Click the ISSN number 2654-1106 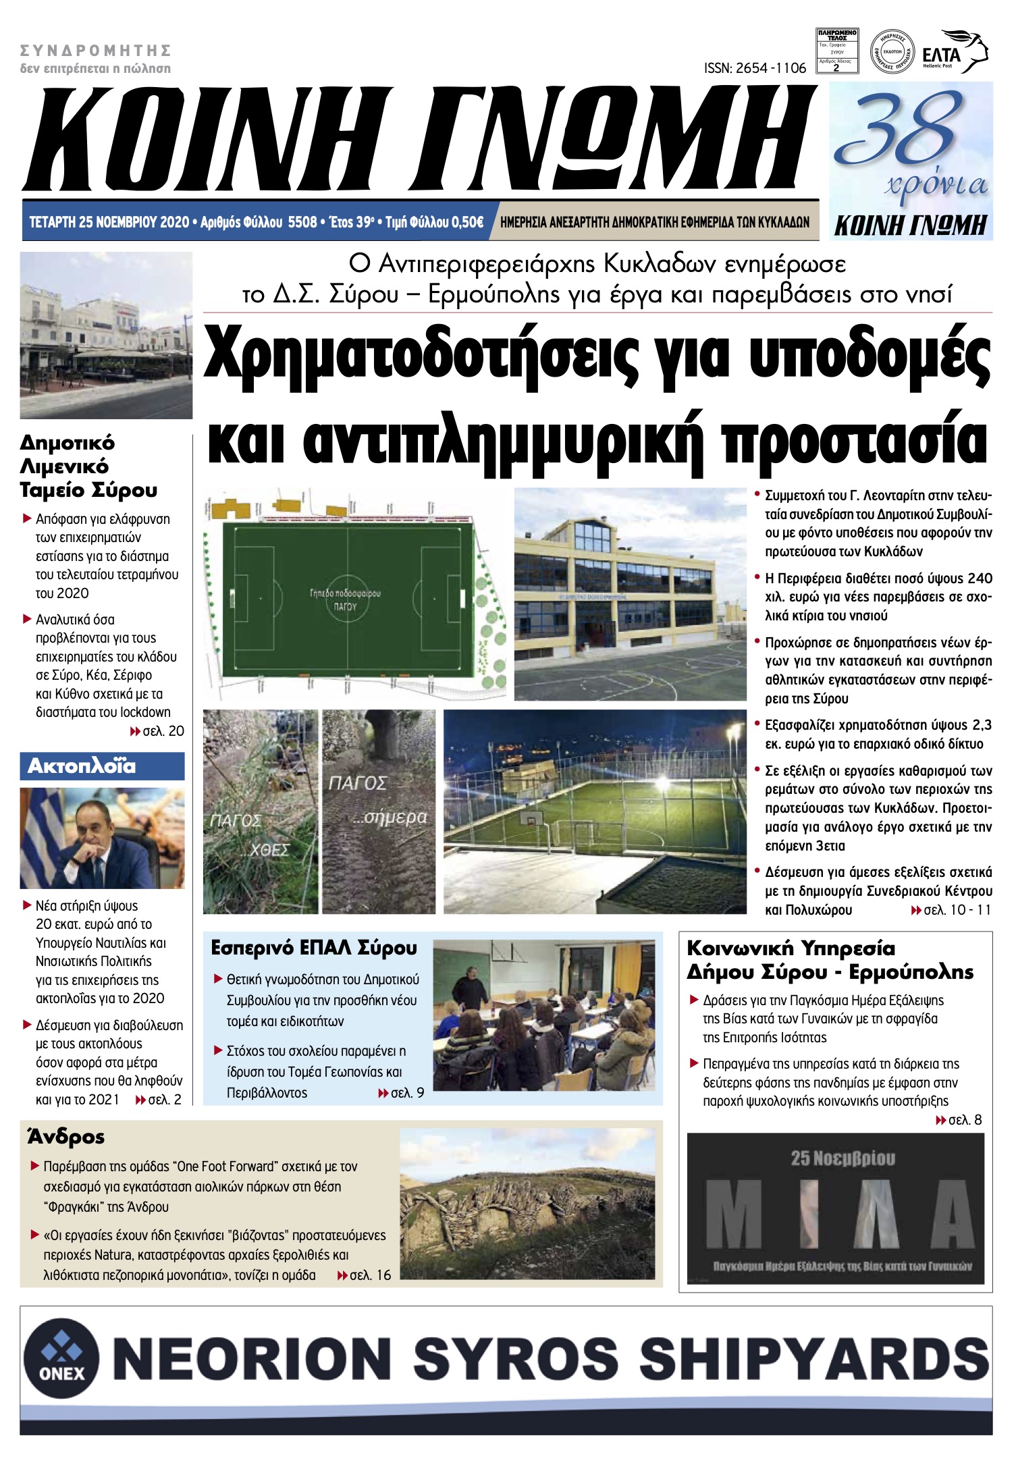(755, 68)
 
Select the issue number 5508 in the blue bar (302, 222)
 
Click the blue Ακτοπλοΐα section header (102, 766)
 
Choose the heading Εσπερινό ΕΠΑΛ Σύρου (314, 948)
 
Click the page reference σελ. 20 (162, 731)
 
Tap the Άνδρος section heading (66, 1137)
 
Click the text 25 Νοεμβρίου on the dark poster (843, 1158)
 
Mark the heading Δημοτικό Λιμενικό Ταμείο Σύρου (88, 466)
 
